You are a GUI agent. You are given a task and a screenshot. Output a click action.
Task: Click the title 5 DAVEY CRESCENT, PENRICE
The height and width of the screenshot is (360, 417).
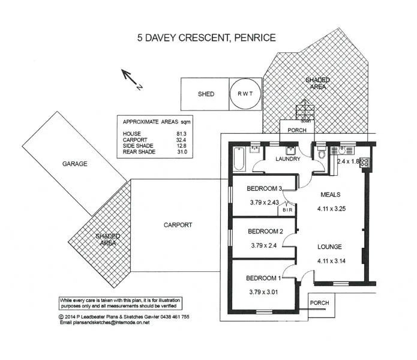coord(207,38)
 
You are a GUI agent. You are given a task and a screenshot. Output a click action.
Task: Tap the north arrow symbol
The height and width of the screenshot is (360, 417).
coord(130,78)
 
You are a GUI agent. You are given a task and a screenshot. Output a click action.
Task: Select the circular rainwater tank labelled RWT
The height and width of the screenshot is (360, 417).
coord(245,94)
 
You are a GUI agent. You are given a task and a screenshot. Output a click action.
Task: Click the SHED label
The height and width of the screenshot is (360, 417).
coord(206,94)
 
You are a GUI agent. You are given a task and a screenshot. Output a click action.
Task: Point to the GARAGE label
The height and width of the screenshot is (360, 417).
coord(74,163)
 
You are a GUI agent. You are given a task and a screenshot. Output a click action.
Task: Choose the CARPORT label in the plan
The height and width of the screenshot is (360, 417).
coord(178,225)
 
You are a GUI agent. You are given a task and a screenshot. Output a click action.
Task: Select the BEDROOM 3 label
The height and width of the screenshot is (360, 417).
coord(265,189)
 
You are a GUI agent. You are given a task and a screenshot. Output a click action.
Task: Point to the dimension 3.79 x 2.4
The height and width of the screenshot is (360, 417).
coord(263,245)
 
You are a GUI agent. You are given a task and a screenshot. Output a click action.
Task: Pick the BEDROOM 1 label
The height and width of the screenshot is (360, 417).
coord(264,278)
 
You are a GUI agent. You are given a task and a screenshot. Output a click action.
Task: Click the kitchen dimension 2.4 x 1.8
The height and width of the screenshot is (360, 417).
coord(349,162)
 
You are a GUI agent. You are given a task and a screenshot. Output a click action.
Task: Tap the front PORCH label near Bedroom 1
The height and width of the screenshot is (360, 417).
coord(320,303)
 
